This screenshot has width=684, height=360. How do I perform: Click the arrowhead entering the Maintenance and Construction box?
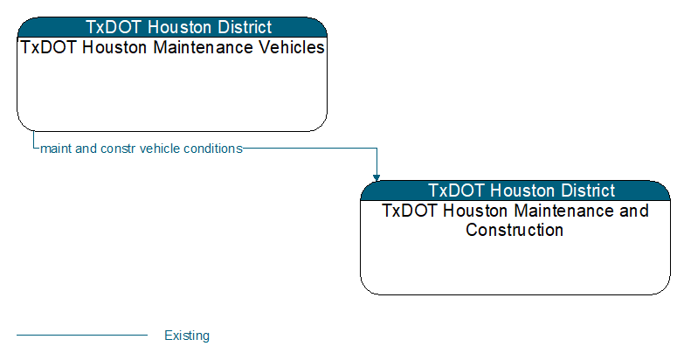coord(377,177)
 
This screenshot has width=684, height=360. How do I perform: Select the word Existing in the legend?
coord(187,336)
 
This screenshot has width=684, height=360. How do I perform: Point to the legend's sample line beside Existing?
coord(82,336)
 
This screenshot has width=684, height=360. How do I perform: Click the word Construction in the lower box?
coord(515,230)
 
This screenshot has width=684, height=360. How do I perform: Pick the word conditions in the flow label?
coord(213,149)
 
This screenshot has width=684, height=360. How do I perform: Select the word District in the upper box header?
coord(245,27)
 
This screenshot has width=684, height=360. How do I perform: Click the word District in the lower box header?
coord(588,190)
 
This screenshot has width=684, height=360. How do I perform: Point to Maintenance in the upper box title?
coord(203,47)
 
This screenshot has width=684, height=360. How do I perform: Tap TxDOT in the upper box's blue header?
coord(114,27)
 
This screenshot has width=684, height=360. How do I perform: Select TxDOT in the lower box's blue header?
coord(457,190)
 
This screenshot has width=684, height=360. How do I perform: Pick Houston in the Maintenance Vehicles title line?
coord(114,47)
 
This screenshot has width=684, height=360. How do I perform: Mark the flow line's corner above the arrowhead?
coord(377,149)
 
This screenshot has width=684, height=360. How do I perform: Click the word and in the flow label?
coord(86,149)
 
